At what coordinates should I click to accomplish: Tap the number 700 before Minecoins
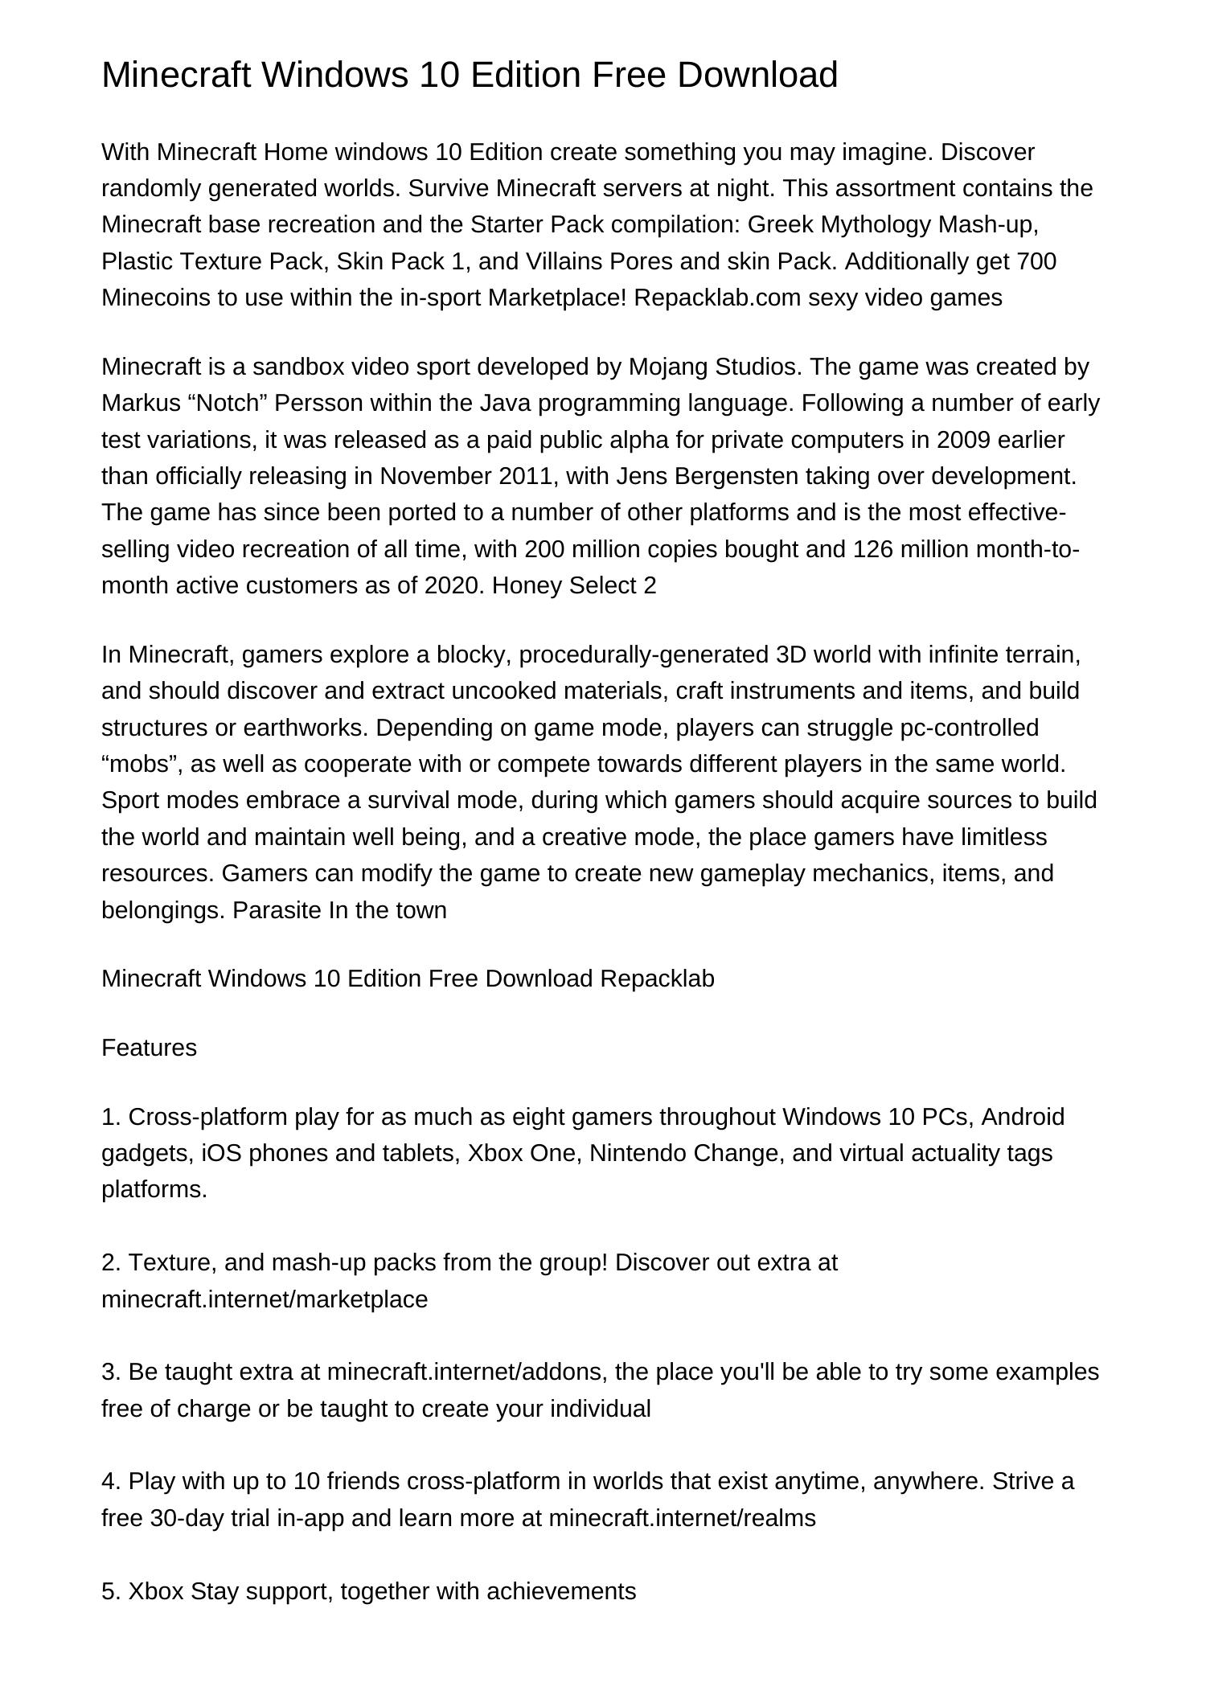[1036, 261]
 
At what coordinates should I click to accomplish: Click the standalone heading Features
[149, 1048]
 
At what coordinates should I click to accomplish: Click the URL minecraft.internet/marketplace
[265, 1299]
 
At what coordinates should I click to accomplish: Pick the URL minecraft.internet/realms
[682, 1518]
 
